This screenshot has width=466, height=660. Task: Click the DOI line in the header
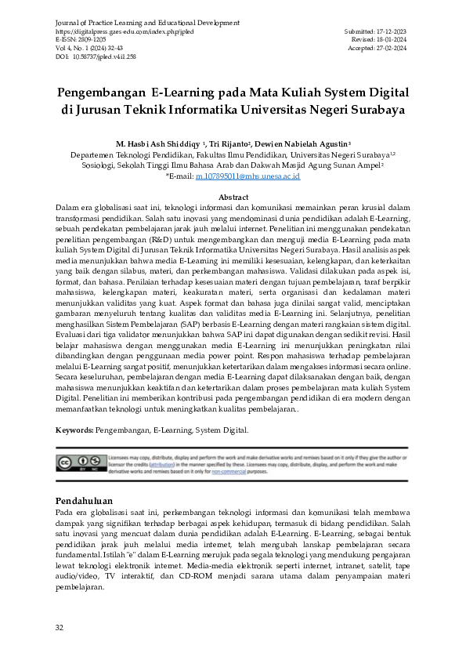click(x=94, y=56)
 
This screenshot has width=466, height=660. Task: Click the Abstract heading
click(x=233, y=197)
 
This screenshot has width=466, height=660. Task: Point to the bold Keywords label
click(x=74, y=430)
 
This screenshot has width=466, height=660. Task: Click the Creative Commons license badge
click(x=74, y=462)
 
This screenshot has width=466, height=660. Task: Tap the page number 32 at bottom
click(x=60, y=628)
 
